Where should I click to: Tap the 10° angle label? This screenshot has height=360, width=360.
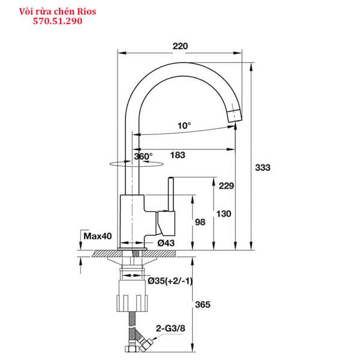(184, 125)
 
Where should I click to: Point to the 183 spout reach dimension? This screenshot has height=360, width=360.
(178, 155)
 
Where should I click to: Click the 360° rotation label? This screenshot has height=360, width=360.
(144, 156)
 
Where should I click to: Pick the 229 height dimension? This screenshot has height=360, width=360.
(226, 185)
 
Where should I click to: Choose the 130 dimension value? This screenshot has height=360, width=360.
(223, 214)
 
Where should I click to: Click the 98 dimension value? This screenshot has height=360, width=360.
(200, 223)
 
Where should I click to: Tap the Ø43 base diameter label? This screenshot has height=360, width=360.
(166, 243)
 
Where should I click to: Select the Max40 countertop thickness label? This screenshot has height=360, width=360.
(98, 236)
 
